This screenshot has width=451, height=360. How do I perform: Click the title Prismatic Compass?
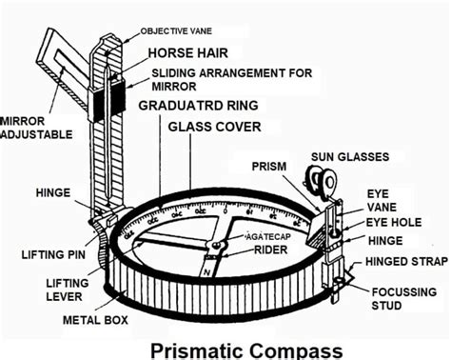[245, 350]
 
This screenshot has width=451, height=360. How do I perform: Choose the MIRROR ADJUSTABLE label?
[34, 130]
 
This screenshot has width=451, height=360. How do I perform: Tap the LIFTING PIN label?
[51, 254]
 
